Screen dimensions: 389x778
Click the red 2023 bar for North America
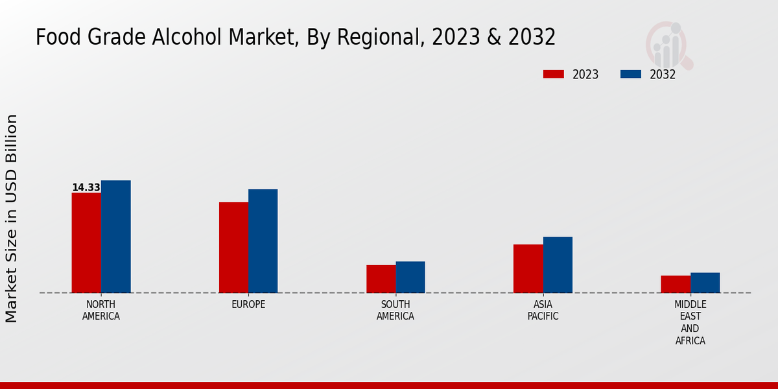[86, 242]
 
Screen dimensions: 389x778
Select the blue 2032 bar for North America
[115, 237]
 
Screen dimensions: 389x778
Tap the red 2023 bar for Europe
[233, 247]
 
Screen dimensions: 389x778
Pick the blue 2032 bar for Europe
[263, 241]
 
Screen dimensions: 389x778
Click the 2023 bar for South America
[381, 279]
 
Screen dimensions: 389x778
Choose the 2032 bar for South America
[410, 277]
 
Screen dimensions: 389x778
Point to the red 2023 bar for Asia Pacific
[528, 268]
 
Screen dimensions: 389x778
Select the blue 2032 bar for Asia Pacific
[558, 265]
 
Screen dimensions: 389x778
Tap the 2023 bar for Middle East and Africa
[676, 284]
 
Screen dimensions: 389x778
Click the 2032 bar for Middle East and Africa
[705, 283]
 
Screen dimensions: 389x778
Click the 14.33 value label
[86, 187]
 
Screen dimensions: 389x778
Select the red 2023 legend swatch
[554, 74]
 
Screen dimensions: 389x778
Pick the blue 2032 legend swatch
[630, 74]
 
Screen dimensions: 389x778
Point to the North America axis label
[100, 311]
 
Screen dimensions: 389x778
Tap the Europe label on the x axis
[248, 305]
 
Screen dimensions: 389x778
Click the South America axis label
[395, 311]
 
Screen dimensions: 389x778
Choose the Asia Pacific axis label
[543, 311]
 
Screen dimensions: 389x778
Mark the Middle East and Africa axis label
[690, 322]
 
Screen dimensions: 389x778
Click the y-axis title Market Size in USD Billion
[12, 218]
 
